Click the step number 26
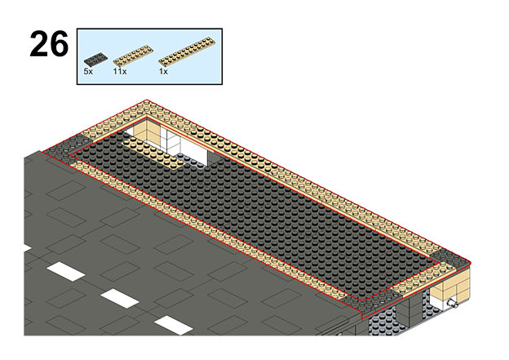click(49, 44)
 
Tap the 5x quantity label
click(88, 72)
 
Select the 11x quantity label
click(120, 72)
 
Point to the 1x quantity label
click(163, 72)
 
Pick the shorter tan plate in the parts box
click(133, 56)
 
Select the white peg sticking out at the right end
click(452, 304)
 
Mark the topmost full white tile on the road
click(65, 272)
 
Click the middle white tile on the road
click(120, 299)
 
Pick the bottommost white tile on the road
click(174, 325)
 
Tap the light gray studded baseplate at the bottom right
click(383, 325)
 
